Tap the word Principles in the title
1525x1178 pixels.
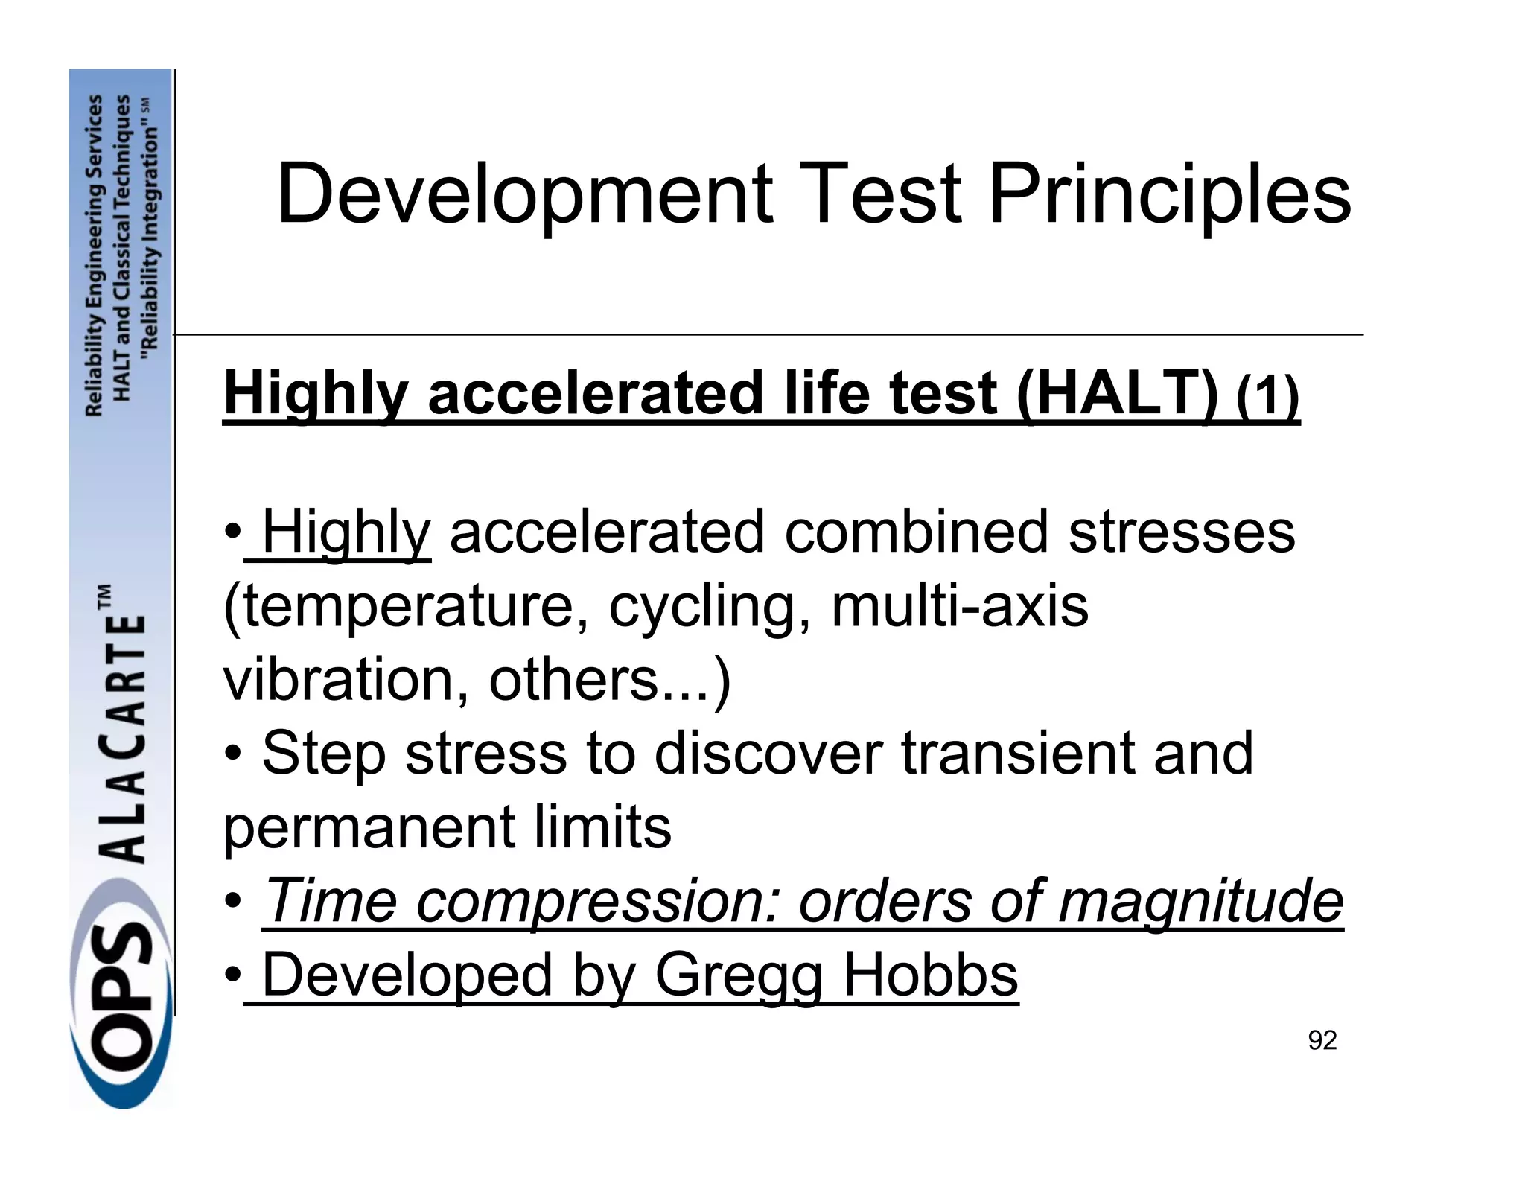(x=1168, y=195)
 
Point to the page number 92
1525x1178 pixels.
(x=1322, y=1040)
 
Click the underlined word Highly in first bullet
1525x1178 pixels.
(x=346, y=532)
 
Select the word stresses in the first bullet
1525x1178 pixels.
(x=1182, y=532)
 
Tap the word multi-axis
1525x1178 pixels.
(x=960, y=605)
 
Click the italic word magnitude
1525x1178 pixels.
(x=1200, y=900)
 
